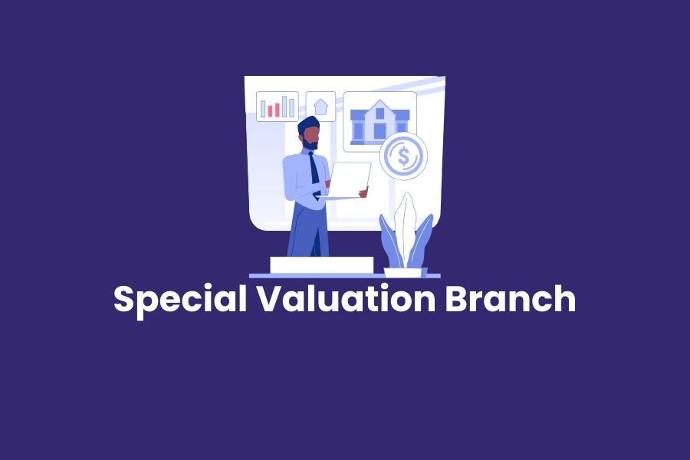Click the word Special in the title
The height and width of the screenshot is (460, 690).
(179, 299)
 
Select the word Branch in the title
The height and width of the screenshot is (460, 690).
(511, 299)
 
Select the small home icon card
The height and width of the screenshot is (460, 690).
(320, 107)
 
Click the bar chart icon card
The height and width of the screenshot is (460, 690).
(278, 107)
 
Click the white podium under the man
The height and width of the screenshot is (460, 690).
(321, 265)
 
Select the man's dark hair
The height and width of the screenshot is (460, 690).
(307, 123)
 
